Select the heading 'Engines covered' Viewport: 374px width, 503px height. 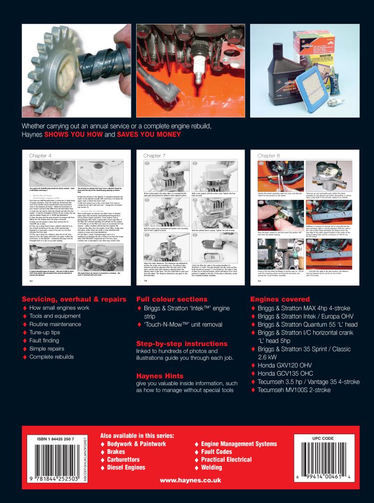pyautogui.click(x=280, y=299)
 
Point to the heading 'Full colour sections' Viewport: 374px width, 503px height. pyautogui.click(x=172, y=299)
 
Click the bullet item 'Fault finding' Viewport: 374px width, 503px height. pyautogui.click(x=47, y=340)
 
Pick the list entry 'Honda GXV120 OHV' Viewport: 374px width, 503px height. pyautogui.click(x=288, y=364)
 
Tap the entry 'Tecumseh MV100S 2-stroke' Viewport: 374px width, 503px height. pyautogui.click(x=297, y=390)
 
